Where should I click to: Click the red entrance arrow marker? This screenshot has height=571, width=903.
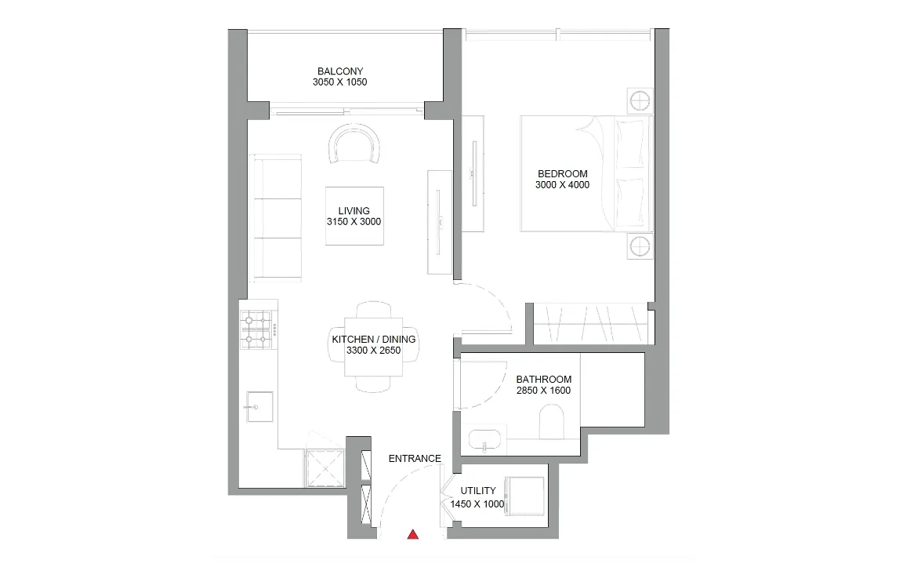(x=412, y=534)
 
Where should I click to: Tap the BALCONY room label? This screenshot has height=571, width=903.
(x=340, y=71)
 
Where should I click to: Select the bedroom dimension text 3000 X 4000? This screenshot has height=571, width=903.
(x=562, y=185)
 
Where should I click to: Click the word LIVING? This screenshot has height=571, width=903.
(x=354, y=211)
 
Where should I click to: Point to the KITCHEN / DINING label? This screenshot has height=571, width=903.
(x=374, y=340)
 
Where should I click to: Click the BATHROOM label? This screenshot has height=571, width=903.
(x=544, y=379)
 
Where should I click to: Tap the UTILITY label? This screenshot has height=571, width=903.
(x=478, y=491)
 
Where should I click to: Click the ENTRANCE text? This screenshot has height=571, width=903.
(x=415, y=459)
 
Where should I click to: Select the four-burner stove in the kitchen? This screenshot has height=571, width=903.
(x=257, y=329)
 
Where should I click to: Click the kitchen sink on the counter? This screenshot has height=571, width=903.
(x=259, y=407)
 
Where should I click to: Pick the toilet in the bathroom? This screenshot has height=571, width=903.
(x=552, y=420)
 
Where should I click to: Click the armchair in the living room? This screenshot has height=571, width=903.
(x=354, y=144)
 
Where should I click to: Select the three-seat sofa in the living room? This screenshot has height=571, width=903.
(x=276, y=218)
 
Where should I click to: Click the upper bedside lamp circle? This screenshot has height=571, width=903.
(x=640, y=101)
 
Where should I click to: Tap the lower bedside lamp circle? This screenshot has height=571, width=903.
(x=640, y=246)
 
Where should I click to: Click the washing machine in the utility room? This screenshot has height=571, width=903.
(x=524, y=496)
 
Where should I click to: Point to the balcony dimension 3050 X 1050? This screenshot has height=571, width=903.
(x=339, y=82)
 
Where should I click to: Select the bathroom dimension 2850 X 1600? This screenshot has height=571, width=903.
(x=544, y=391)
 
